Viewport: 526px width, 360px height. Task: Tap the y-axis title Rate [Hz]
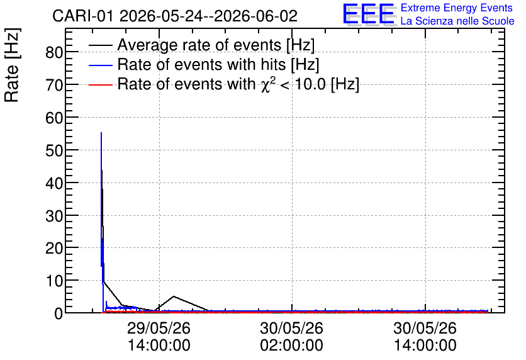(x=12, y=65)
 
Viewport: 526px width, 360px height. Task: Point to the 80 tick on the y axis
(x=54, y=52)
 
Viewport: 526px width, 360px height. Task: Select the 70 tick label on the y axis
(x=54, y=85)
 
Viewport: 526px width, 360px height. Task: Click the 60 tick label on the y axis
(x=54, y=118)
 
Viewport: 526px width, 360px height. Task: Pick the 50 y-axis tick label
(x=54, y=150)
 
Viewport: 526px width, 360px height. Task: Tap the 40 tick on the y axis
(x=54, y=183)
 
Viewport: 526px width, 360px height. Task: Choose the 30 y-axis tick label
(x=54, y=216)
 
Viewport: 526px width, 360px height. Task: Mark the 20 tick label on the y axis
(x=54, y=248)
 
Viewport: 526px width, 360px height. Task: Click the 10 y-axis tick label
(x=54, y=281)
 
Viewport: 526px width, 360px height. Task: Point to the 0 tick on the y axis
(x=59, y=313)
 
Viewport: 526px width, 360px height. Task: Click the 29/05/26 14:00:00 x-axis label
(x=159, y=337)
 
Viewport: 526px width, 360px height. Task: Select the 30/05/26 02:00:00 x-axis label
(x=292, y=337)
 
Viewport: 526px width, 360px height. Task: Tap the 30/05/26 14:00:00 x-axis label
(x=425, y=337)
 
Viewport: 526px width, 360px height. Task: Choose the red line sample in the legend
(x=101, y=84)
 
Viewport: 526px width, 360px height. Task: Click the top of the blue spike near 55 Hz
(x=101, y=133)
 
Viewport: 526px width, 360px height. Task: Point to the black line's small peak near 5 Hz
(x=174, y=296)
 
